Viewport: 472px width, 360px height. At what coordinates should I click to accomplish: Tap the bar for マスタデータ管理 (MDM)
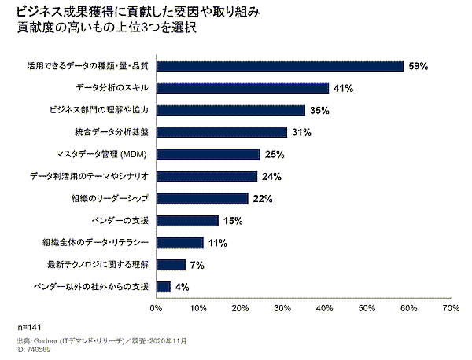pyautogui.click(x=208, y=154)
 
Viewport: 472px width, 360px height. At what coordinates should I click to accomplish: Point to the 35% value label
pyautogui.click(x=319, y=111)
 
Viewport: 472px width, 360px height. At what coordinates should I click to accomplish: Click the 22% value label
pyautogui.click(x=263, y=199)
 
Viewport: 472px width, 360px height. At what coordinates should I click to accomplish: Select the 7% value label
pyautogui.click(x=197, y=265)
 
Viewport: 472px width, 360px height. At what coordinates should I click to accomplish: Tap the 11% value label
pyautogui.click(x=218, y=244)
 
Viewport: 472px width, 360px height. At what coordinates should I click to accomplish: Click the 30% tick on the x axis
pyautogui.click(x=282, y=308)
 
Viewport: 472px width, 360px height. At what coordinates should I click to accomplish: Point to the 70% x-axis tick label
pyautogui.click(x=451, y=308)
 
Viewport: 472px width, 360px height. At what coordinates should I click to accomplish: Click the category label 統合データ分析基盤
pyautogui.click(x=111, y=132)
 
